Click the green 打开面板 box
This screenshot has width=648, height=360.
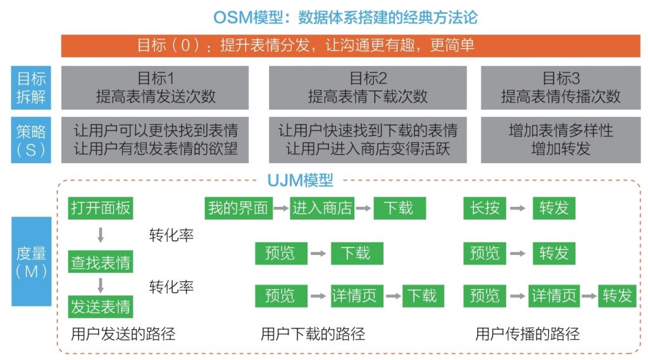[x=101, y=208]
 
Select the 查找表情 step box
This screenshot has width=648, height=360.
[x=101, y=262]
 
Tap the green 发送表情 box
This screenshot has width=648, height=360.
[x=101, y=307]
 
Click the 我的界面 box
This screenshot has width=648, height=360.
[x=238, y=208]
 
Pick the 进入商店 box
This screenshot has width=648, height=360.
[x=322, y=208]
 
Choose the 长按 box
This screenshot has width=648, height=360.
[x=485, y=208]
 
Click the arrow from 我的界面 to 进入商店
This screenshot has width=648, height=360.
[x=280, y=208]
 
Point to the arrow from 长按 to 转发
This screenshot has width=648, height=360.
[x=518, y=208]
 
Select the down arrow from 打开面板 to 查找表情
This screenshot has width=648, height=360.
[x=101, y=235]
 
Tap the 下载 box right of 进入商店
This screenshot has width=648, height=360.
[x=399, y=208]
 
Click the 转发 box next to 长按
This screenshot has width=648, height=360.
[x=554, y=208]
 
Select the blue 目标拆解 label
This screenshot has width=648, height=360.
[x=31, y=88]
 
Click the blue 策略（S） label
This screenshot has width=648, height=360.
[x=31, y=140]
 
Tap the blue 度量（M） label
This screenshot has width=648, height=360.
[x=31, y=261]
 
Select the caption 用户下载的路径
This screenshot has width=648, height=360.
[x=313, y=333]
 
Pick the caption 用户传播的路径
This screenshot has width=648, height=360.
[x=527, y=333]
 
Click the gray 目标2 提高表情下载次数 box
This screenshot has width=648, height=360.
[x=368, y=88]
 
